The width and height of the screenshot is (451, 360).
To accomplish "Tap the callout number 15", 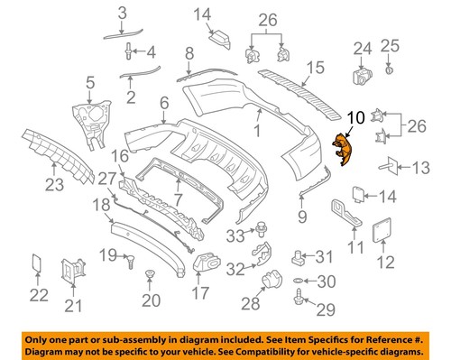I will click(314, 67).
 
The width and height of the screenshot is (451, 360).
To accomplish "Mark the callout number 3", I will click(124, 12).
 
